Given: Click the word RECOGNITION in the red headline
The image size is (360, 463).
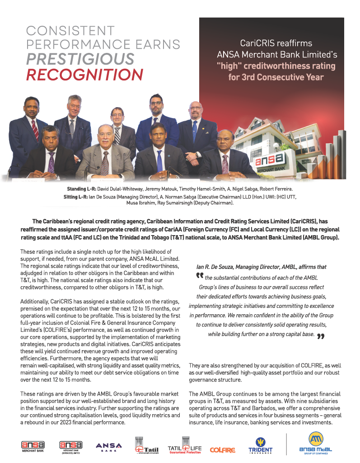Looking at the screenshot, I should click(84, 74).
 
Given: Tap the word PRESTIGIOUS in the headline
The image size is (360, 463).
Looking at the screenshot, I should click(80, 59).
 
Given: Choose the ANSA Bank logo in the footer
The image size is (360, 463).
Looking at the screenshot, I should click(108, 447).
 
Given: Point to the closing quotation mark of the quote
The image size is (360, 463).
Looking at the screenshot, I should click(321, 336).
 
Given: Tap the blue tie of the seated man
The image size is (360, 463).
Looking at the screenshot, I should click(159, 160).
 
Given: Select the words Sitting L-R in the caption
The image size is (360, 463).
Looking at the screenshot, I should click(78, 198).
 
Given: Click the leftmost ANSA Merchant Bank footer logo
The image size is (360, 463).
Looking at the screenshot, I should click(33, 446).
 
